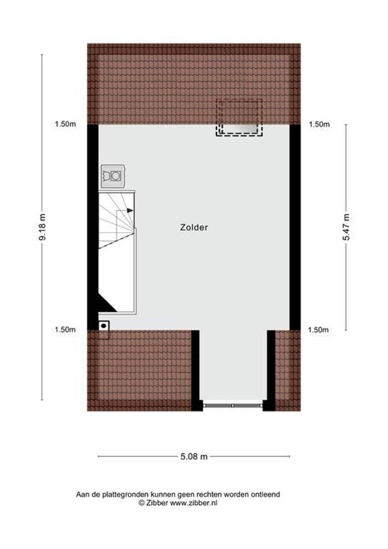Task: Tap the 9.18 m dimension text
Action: tap(43, 228)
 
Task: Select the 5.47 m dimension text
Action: tap(346, 227)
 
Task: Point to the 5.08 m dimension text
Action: tap(194, 457)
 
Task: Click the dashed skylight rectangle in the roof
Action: tap(239, 118)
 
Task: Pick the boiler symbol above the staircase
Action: tap(114, 175)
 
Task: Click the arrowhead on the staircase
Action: tap(130, 210)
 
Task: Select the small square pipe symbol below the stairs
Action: tap(104, 327)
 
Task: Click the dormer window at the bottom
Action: tap(233, 405)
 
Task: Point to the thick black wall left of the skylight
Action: tap(92, 226)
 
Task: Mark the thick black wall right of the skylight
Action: tap(296, 226)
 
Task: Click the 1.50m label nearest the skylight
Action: tap(319, 125)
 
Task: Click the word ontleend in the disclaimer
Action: tap(266, 495)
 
